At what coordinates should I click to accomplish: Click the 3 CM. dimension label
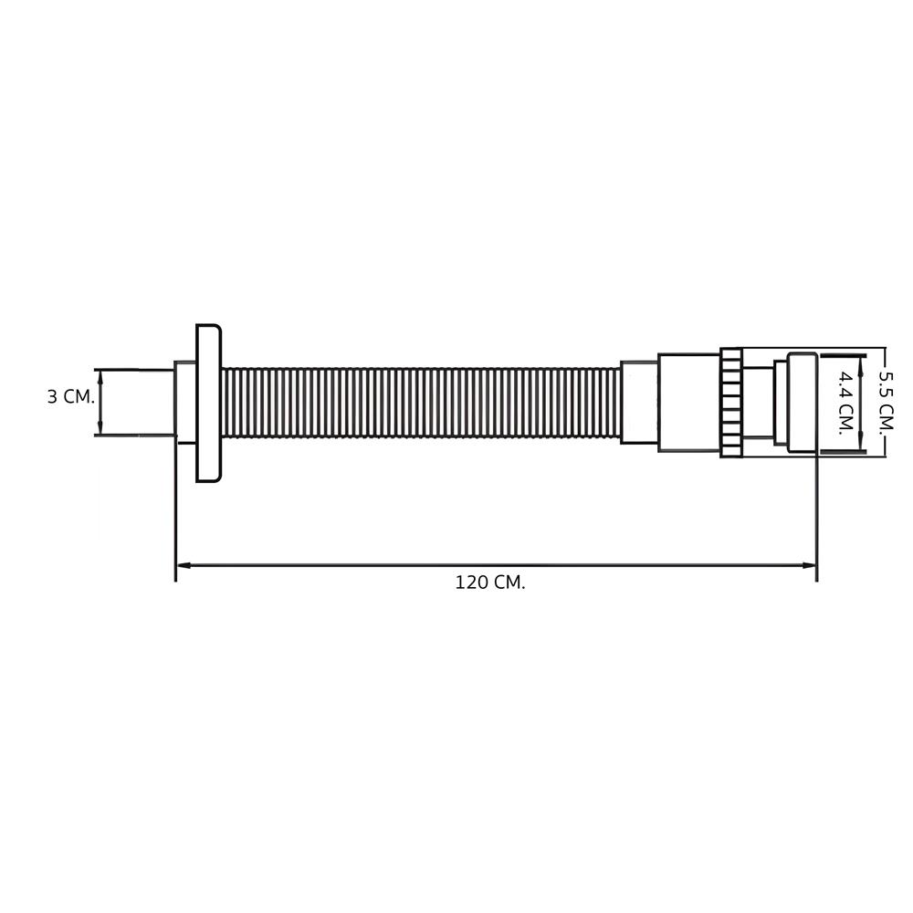pos(69,397)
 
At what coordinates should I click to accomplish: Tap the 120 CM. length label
pos(490,583)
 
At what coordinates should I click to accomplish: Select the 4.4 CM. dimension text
pos(846,403)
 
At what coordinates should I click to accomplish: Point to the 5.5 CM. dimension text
pos(884,403)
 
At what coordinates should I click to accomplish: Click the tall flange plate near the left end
pos(208,403)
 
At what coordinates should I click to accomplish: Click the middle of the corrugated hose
pos(420,403)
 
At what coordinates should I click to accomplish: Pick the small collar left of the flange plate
pos(184,403)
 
